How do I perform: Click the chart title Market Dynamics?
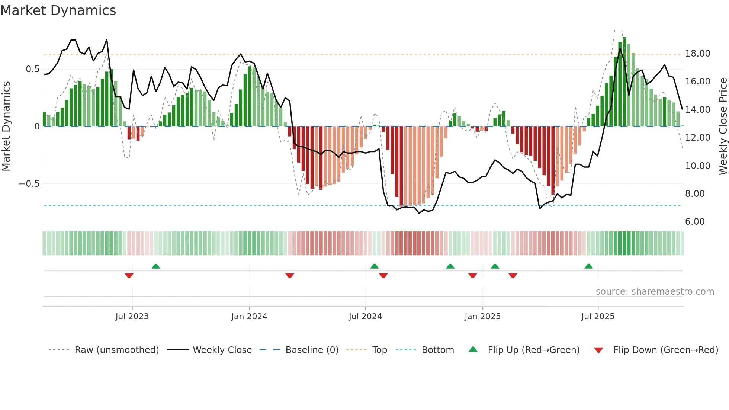pos(58,10)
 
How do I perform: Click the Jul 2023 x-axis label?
pos(132,317)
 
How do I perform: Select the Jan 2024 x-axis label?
pos(249,317)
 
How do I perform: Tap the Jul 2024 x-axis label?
pos(365,317)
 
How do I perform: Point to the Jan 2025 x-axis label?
pos(482,317)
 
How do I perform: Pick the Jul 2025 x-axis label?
pos(598,317)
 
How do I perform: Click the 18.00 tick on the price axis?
pos(698,54)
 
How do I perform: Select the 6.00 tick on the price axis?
pos(695,222)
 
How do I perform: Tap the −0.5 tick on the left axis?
pos(29,184)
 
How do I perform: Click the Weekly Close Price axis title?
pos(723,126)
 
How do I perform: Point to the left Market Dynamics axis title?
pos(6,126)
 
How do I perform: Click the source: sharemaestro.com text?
pos(655,292)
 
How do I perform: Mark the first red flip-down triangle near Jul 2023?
pos(129,276)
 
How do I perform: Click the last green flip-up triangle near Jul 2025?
pos(588,266)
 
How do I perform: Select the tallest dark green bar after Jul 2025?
pos(624,82)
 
